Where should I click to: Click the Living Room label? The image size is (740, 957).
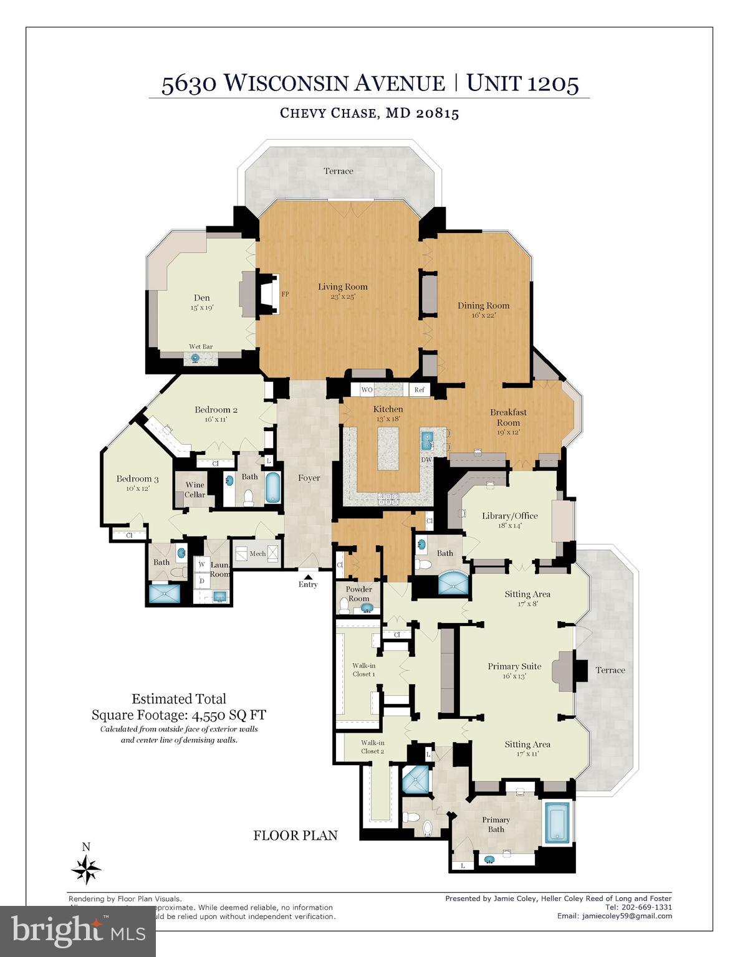pos(342,287)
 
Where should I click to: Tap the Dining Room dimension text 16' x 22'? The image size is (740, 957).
pos(483,315)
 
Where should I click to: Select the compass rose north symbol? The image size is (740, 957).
pos(86,867)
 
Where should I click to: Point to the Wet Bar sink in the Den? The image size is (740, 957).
pos(195,358)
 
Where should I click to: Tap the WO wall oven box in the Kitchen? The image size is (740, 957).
pos(367,390)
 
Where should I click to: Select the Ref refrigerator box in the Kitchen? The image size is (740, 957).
pos(419,390)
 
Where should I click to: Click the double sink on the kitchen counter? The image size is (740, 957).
pos(428,440)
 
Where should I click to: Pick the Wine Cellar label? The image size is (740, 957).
pos(195,490)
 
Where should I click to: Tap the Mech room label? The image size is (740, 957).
pos(257,553)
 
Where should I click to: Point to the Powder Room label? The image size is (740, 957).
pos(358,594)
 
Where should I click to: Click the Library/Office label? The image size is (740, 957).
pos(509,516)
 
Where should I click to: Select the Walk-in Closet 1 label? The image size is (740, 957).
pos(363,670)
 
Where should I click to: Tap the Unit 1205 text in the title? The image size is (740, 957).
pos(522,83)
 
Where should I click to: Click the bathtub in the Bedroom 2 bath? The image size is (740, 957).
pos(273,488)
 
